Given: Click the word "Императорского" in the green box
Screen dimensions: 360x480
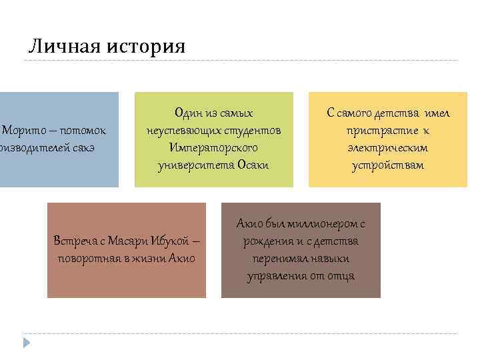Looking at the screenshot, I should pyautogui.click(x=213, y=147).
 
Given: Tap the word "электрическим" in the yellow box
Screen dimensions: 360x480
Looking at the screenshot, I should pyautogui.click(x=387, y=147).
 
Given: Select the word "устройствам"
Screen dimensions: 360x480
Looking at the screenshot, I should pyautogui.click(x=387, y=164).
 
